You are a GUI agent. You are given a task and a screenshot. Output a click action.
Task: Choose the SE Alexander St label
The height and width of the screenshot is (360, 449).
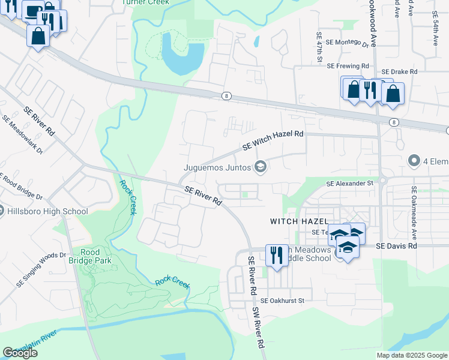350,184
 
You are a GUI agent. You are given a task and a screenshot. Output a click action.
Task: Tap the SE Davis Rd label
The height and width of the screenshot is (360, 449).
396,246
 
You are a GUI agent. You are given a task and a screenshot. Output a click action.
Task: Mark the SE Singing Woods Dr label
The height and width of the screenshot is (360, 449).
41,269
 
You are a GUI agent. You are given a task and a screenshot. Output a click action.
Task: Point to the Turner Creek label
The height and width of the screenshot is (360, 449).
143,2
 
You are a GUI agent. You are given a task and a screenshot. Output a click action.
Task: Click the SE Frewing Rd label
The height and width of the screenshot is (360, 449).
348,65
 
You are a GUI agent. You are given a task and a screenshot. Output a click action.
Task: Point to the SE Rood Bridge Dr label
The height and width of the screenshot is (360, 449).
21,187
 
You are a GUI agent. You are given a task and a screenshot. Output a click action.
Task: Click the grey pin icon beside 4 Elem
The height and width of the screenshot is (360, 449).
413,160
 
